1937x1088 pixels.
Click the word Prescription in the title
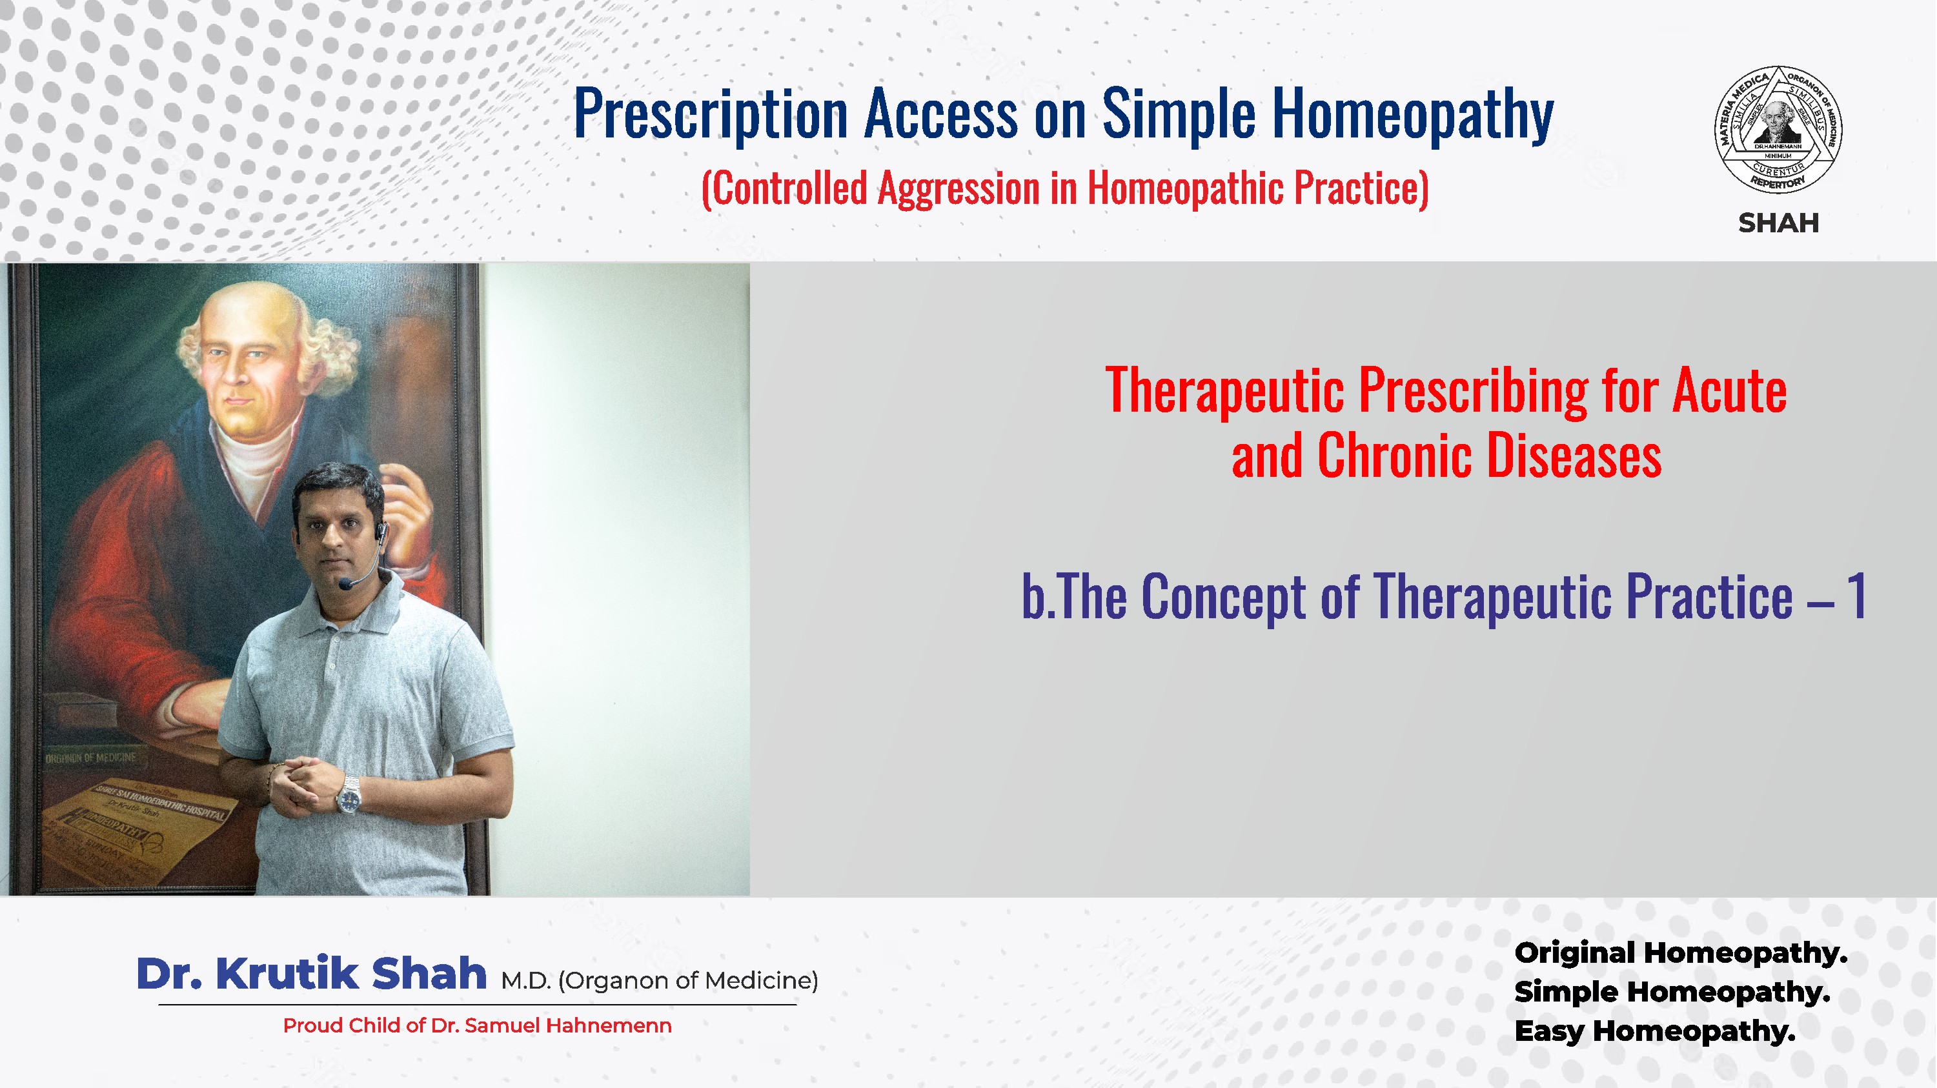(x=711, y=114)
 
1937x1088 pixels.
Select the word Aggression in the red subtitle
(x=958, y=188)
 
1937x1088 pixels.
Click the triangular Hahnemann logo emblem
(x=1778, y=129)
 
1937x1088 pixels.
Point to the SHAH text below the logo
(x=1778, y=223)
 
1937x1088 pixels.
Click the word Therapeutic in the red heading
(x=1224, y=391)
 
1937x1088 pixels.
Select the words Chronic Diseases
(x=1489, y=456)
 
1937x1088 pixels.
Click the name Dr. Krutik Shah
(x=311, y=974)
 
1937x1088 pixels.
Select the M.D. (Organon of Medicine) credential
(x=660, y=980)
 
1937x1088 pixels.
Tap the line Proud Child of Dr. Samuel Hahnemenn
(x=477, y=1025)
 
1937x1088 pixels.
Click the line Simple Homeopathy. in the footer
(x=1671, y=992)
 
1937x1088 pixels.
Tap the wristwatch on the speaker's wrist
(x=349, y=796)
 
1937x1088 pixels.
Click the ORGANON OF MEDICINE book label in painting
(x=90, y=758)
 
